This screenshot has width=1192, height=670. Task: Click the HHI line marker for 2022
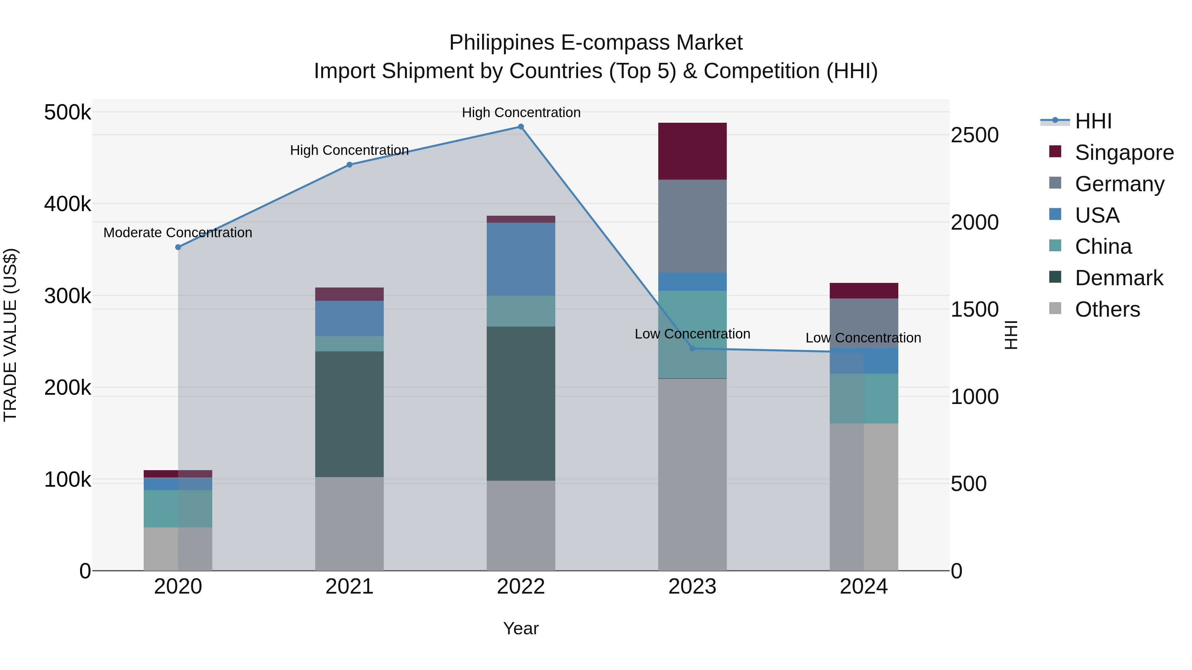(x=521, y=127)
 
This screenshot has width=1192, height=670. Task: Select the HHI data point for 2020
(x=178, y=247)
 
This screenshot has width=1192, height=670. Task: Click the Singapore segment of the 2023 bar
(x=692, y=151)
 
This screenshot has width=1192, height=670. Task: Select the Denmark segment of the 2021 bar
(x=349, y=414)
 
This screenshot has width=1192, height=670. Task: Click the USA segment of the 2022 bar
(x=521, y=259)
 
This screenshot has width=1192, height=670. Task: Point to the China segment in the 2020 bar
(x=178, y=509)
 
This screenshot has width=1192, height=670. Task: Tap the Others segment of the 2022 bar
(x=521, y=525)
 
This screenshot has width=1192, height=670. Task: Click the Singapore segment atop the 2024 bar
(x=864, y=290)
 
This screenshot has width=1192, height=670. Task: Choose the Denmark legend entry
(x=1118, y=278)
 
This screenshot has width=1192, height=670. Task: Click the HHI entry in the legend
(x=1093, y=121)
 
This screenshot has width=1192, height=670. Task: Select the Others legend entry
(x=1107, y=309)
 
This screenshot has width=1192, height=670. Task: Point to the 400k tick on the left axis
(x=68, y=204)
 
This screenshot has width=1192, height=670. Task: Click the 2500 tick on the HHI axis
(x=974, y=135)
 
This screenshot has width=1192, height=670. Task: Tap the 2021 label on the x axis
(x=349, y=587)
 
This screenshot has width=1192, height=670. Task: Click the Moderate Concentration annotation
(x=178, y=233)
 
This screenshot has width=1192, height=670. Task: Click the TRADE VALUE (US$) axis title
(x=10, y=335)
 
